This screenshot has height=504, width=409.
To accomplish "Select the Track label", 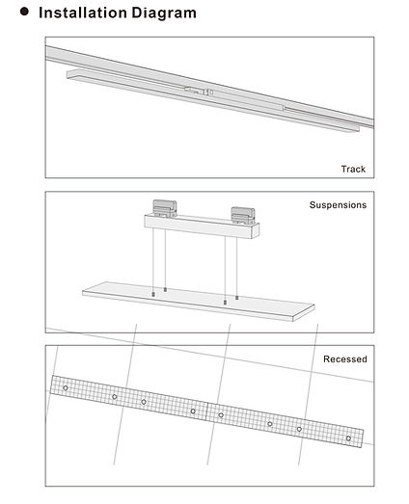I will [352, 169].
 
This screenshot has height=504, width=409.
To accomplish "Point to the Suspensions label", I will [337, 205].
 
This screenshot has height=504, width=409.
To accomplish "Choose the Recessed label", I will [344, 358].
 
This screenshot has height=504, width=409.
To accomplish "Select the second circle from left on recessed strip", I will [114, 396].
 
